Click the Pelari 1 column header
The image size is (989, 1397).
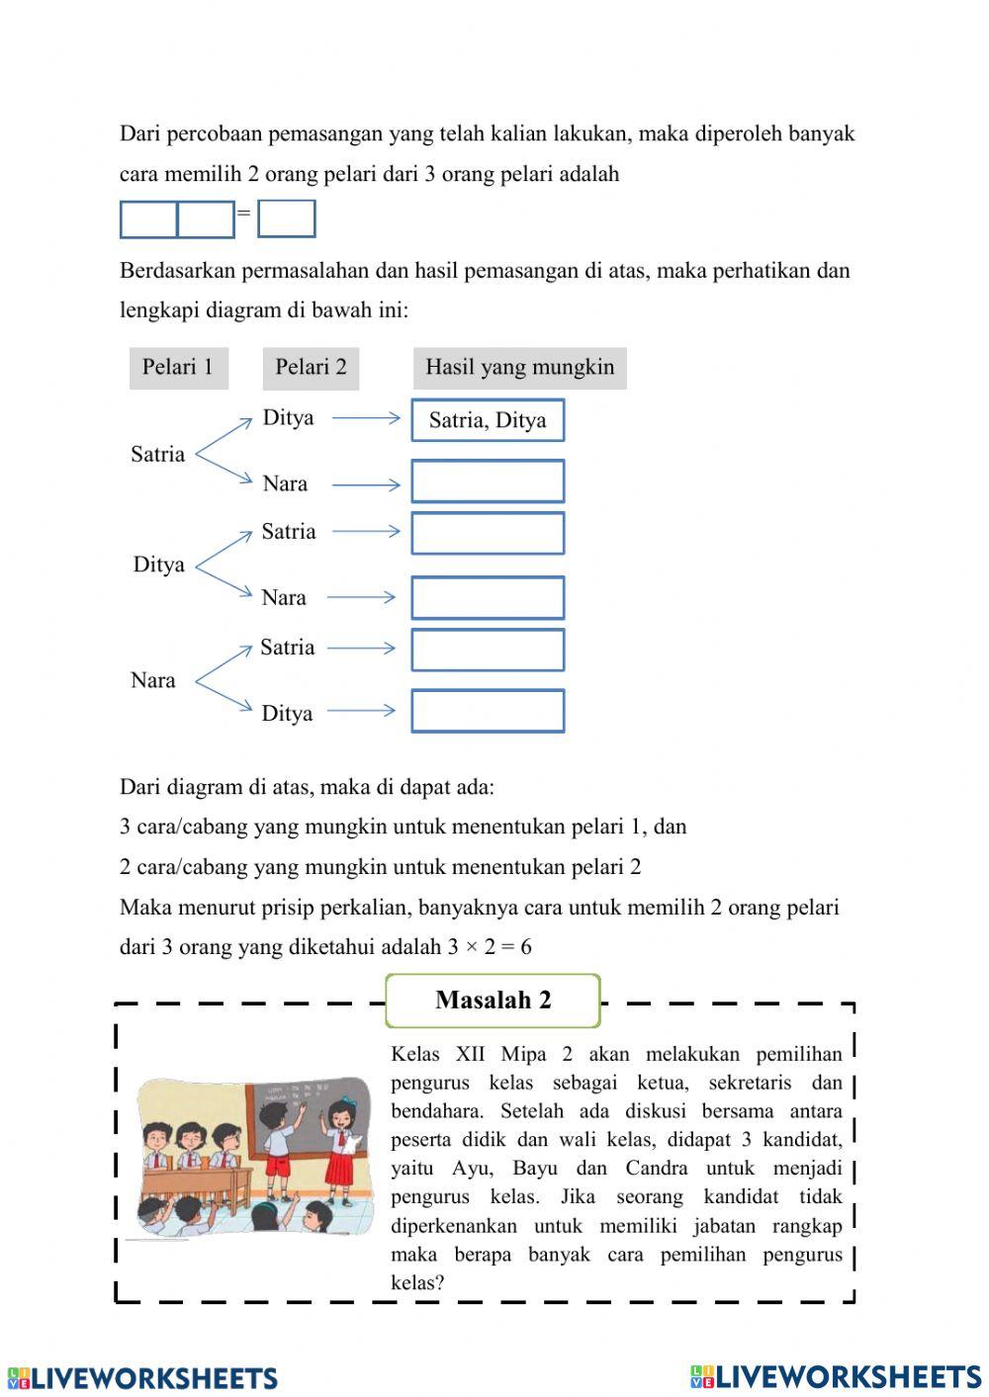click(x=178, y=368)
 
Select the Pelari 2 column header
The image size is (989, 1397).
click(x=311, y=368)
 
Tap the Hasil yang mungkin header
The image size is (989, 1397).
click(x=519, y=368)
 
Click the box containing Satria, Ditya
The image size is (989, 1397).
click(x=488, y=420)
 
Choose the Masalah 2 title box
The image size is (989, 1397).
click(x=493, y=1001)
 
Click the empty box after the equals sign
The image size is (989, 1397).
click(x=286, y=218)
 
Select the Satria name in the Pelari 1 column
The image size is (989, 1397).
click(x=158, y=455)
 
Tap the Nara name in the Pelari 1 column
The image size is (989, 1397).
click(x=153, y=680)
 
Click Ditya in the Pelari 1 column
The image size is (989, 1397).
click(x=159, y=565)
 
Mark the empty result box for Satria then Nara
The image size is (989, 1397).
click(x=488, y=481)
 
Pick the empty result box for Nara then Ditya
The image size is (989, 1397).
click(x=488, y=711)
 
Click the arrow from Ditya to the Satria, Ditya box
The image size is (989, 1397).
click(x=366, y=419)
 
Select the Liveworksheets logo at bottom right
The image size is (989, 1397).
click(x=836, y=1377)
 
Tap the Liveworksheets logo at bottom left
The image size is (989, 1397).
click(x=142, y=1378)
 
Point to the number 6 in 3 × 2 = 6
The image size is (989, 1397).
click(x=525, y=947)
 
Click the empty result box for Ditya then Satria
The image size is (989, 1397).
click(x=488, y=534)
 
